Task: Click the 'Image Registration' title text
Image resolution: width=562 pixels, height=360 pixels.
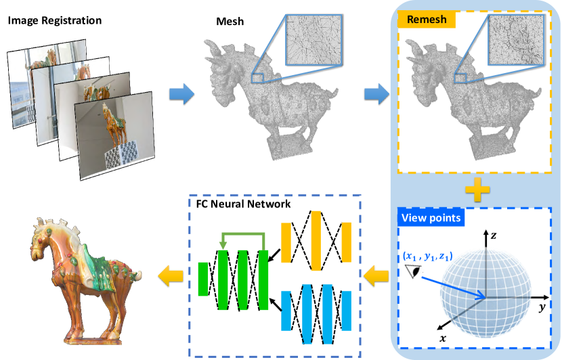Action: point(55,20)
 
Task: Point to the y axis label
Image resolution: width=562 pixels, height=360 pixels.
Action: point(542,308)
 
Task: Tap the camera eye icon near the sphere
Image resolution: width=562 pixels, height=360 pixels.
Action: point(412,271)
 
